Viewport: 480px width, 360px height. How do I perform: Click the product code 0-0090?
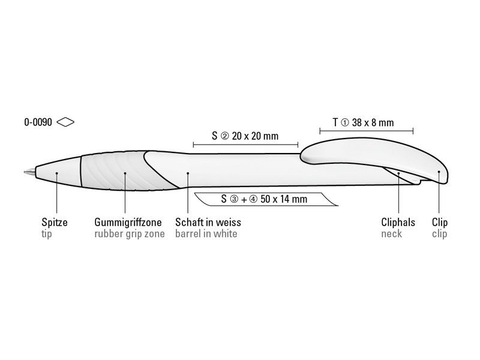(x=38, y=122)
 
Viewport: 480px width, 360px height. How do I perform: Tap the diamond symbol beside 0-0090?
(x=65, y=122)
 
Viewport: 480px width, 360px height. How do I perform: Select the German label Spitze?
(x=55, y=222)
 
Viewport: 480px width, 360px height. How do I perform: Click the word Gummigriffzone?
(x=128, y=222)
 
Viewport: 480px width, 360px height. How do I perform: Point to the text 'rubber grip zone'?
(x=130, y=234)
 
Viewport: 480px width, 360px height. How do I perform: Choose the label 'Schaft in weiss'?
(x=208, y=222)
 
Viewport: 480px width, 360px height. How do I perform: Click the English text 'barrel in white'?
(x=206, y=233)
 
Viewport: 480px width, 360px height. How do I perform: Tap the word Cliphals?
(x=398, y=222)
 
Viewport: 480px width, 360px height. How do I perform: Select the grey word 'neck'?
(x=392, y=233)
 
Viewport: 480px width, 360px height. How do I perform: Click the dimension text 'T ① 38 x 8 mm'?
(x=364, y=122)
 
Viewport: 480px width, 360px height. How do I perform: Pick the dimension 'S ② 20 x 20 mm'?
(x=245, y=136)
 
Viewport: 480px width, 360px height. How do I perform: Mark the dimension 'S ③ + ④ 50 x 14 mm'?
(x=264, y=199)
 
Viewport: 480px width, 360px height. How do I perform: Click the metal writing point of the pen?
(x=29, y=172)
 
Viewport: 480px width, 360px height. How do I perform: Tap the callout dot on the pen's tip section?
(x=56, y=173)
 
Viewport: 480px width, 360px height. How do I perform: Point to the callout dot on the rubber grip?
(x=125, y=173)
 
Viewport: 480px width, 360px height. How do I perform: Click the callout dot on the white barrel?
(x=188, y=173)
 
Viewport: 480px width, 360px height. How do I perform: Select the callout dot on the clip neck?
(x=399, y=173)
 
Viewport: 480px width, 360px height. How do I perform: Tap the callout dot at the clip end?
(x=439, y=172)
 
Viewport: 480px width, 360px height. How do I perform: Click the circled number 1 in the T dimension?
(x=344, y=123)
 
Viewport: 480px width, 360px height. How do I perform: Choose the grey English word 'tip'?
(x=47, y=234)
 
